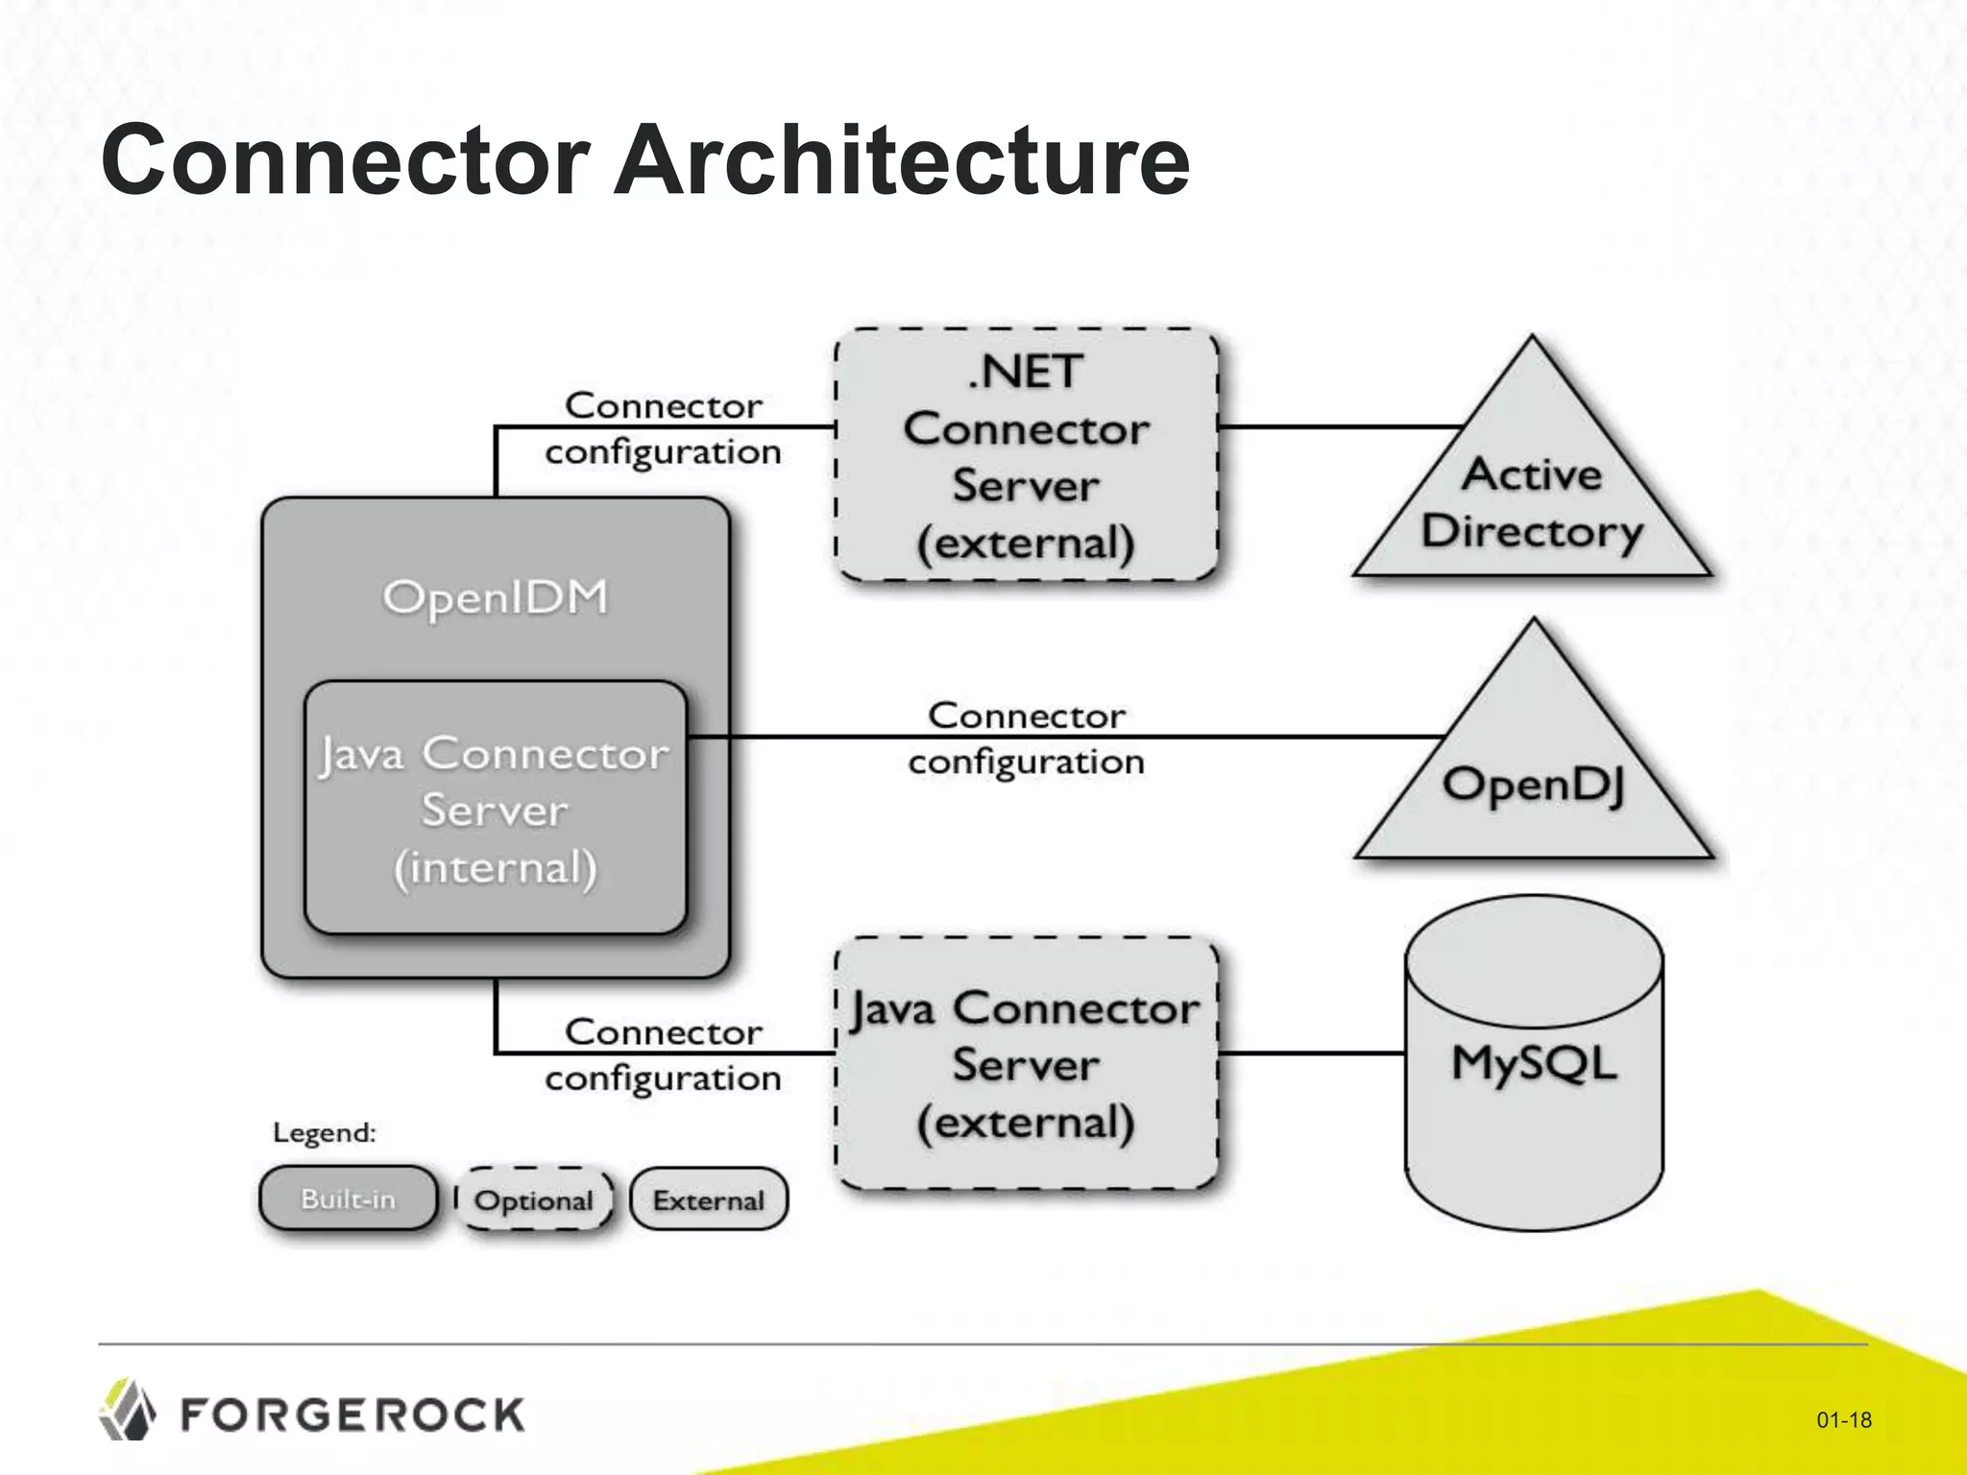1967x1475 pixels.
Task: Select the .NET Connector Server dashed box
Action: [x=1026, y=455]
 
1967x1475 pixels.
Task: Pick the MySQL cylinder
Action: [x=1534, y=1062]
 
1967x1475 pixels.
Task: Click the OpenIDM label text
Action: [x=496, y=597]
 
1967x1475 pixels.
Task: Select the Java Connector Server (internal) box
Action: [x=496, y=809]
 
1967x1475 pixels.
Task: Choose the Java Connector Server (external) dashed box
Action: [x=1026, y=1064]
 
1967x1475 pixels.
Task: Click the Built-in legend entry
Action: [x=348, y=1198]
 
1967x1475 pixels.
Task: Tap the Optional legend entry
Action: [x=534, y=1200]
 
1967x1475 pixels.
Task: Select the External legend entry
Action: [x=709, y=1200]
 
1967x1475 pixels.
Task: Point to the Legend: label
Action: [x=324, y=1133]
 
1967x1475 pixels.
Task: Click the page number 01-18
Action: [x=1843, y=1419]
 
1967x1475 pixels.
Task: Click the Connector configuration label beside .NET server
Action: [x=663, y=428]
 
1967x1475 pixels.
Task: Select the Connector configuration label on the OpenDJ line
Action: [x=1026, y=738]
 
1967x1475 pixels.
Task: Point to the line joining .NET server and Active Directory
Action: [x=1340, y=426]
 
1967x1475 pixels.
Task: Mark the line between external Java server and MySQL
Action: [x=1312, y=1053]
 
